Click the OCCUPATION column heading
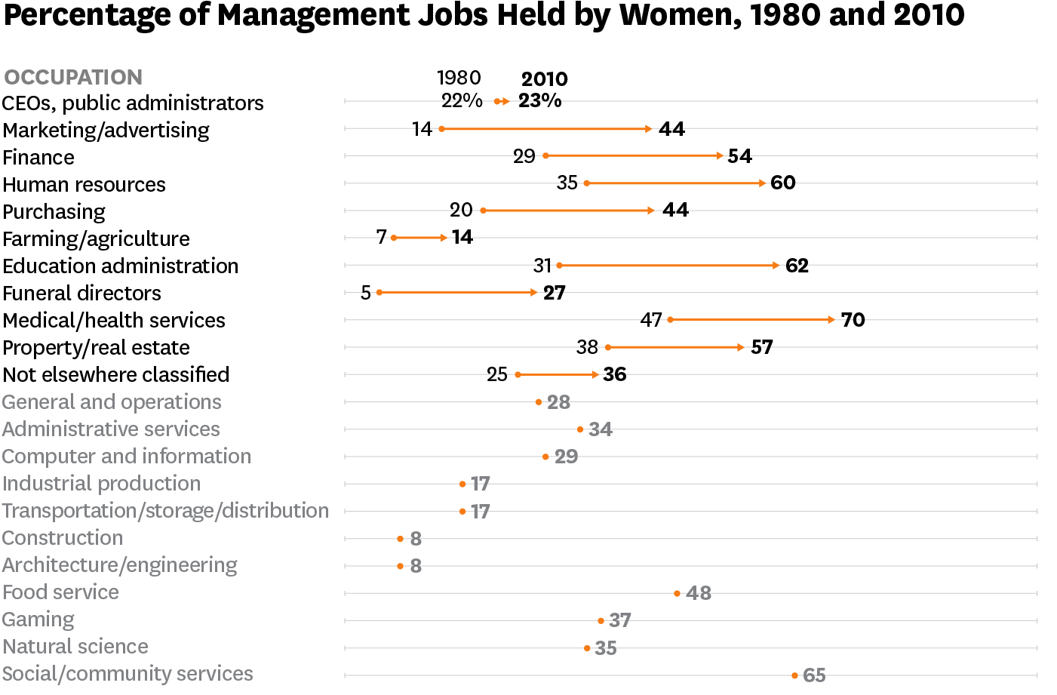click(x=73, y=77)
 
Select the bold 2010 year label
click(x=544, y=79)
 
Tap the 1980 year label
click(x=459, y=78)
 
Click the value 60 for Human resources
click(x=783, y=183)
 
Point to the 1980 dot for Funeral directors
click(x=379, y=292)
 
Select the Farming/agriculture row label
click(x=96, y=239)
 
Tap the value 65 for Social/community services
click(x=814, y=675)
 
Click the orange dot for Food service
click(x=677, y=593)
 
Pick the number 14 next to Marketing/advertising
click(x=422, y=129)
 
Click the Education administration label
click(x=120, y=266)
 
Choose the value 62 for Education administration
click(x=797, y=266)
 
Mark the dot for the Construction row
click(x=400, y=539)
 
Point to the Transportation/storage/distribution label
click(x=165, y=511)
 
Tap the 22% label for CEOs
click(x=462, y=100)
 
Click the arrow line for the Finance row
click(x=634, y=156)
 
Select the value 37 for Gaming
click(x=619, y=620)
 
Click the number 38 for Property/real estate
click(x=587, y=347)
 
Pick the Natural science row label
click(x=75, y=647)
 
